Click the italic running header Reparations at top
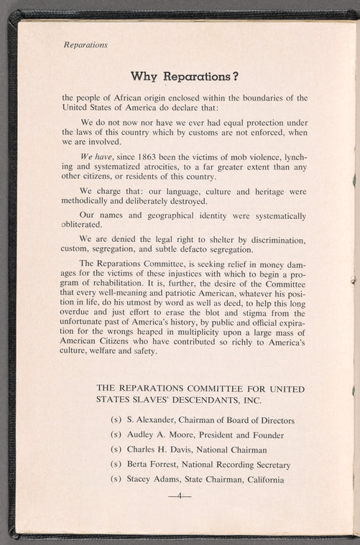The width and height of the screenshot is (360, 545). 86,45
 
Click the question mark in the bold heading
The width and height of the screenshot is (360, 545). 235,76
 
